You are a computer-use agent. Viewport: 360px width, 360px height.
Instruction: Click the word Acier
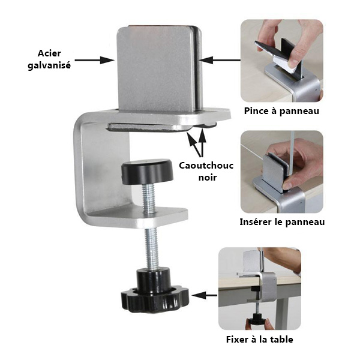pyautogui.click(x=49, y=53)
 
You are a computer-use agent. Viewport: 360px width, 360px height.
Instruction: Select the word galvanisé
pyautogui.click(x=49, y=65)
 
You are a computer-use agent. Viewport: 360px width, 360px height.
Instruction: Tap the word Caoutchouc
pyautogui.click(x=206, y=166)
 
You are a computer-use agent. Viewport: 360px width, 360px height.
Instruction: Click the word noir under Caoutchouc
pyautogui.click(x=208, y=178)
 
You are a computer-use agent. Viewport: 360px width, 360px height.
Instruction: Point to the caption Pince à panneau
pyautogui.click(x=281, y=111)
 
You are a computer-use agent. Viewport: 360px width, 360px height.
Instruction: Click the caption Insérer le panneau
pyautogui.click(x=282, y=222)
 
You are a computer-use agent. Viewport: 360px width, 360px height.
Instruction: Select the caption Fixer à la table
pyautogui.click(x=260, y=340)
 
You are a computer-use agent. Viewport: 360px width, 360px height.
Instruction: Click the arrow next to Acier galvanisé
pyautogui.click(x=95, y=61)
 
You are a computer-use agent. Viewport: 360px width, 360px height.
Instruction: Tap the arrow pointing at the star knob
pyautogui.click(x=205, y=295)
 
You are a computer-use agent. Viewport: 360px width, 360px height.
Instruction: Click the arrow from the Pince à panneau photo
pyautogui.click(x=220, y=61)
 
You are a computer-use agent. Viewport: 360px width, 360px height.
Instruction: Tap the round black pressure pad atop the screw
pyautogui.click(x=147, y=171)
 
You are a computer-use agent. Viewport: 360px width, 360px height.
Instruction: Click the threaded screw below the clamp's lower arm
pyautogui.click(x=152, y=248)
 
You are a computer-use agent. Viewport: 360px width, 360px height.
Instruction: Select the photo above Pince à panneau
pyautogui.click(x=282, y=61)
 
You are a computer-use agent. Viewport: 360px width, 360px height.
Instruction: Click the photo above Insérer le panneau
pyautogui.click(x=282, y=172)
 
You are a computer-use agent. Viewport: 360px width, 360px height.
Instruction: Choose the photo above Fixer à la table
pyautogui.click(x=260, y=289)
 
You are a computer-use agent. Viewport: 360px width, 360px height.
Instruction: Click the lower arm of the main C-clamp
pyautogui.click(x=138, y=217)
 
